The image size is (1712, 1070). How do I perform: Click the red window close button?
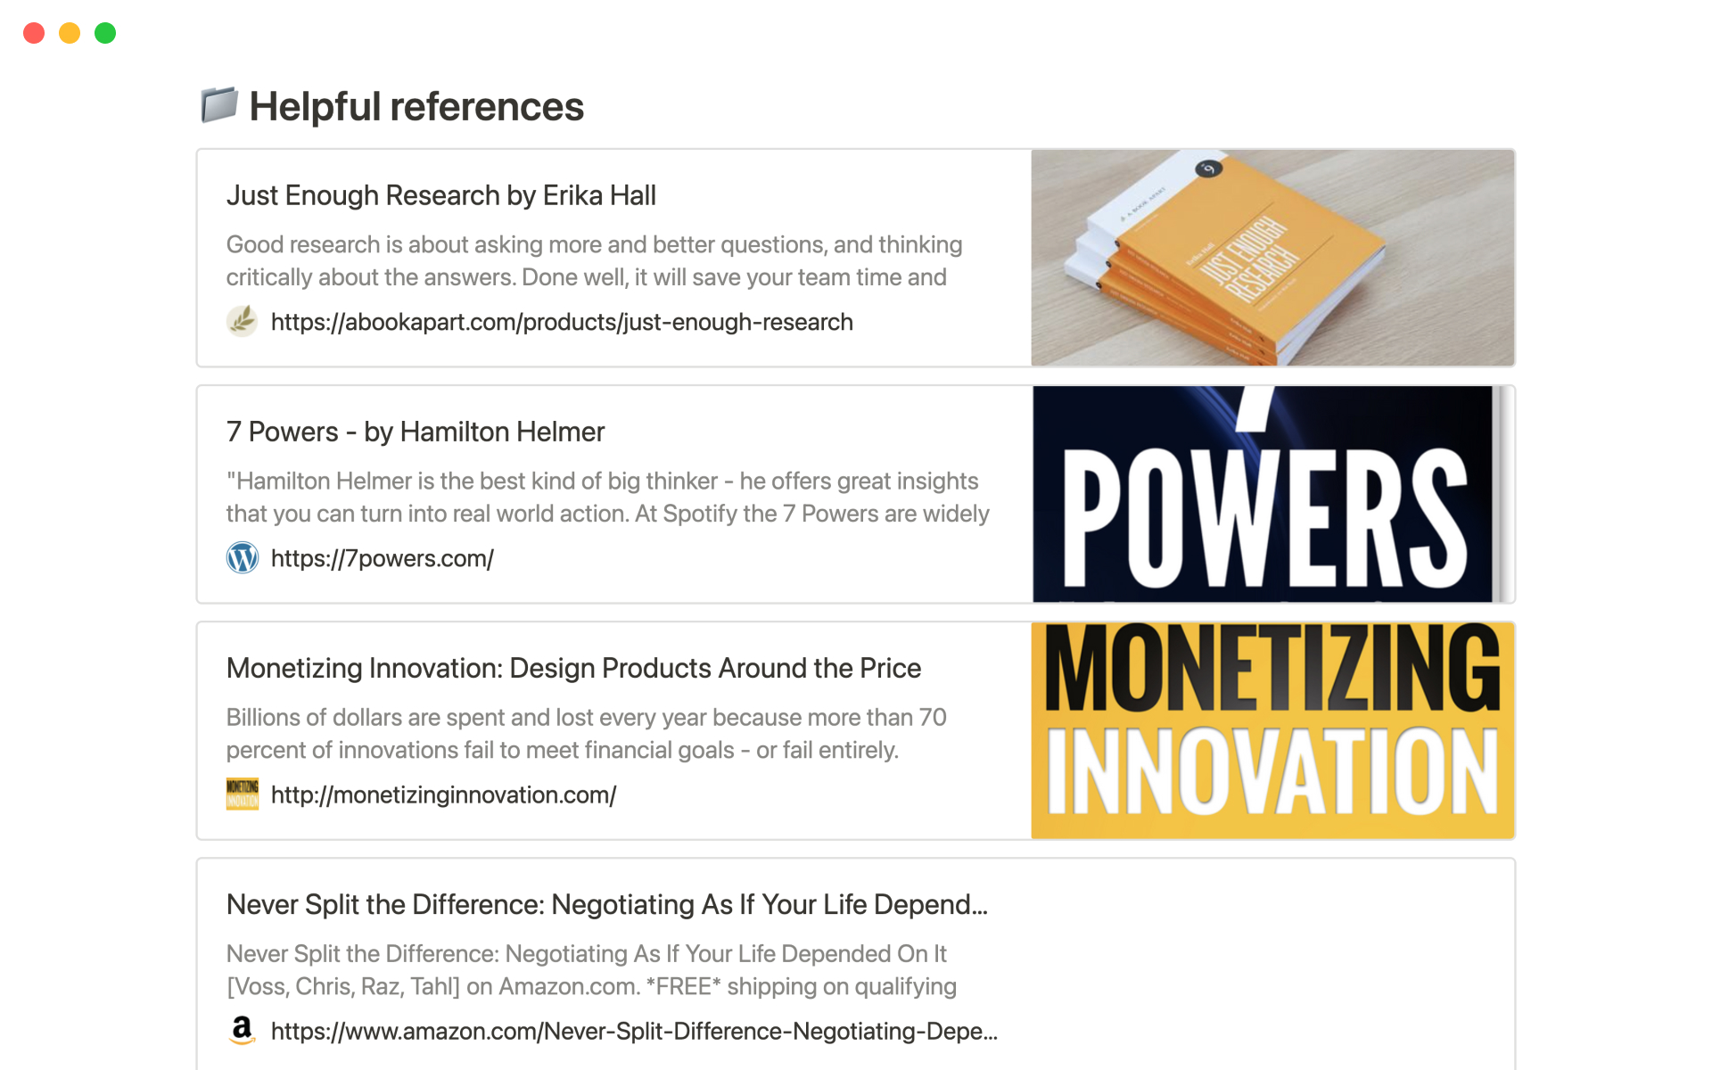(34, 33)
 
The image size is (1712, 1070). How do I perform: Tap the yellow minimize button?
(70, 33)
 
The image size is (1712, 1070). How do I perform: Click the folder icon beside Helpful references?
(218, 105)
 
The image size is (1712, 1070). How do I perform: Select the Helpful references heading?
(416, 106)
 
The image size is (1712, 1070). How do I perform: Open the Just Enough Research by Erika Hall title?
(441, 195)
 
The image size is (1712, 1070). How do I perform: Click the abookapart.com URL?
(562, 322)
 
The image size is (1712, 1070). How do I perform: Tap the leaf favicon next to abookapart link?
(242, 321)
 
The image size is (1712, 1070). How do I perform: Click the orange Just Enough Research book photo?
(1272, 258)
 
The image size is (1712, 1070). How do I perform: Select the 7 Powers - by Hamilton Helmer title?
(416, 432)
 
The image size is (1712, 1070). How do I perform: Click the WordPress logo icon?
(242, 557)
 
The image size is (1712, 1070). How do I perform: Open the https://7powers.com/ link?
(383, 558)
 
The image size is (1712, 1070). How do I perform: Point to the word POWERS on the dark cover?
(1264, 516)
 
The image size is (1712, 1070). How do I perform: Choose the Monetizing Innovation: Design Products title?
(573, 668)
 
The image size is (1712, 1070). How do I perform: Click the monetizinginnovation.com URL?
(444, 794)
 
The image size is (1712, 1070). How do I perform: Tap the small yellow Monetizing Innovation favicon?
(242, 794)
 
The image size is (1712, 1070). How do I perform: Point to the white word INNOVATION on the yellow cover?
(1272, 770)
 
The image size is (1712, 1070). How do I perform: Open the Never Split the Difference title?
(607, 904)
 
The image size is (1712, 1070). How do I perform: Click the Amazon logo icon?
(242, 1030)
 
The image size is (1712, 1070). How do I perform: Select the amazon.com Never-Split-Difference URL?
(634, 1031)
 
